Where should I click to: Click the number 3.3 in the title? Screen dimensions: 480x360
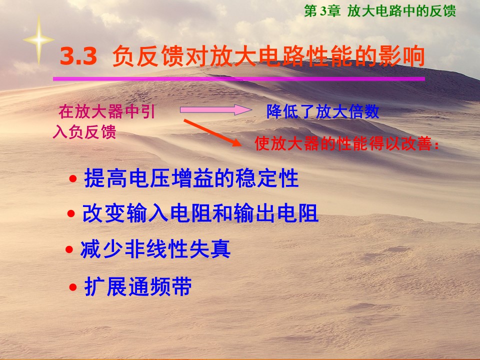coord(78,56)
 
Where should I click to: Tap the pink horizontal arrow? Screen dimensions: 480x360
coord(216,109)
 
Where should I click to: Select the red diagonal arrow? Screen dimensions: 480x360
coord(212,133)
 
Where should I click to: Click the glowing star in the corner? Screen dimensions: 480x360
coord(38,40)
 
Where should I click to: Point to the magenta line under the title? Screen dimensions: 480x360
coord(239,79)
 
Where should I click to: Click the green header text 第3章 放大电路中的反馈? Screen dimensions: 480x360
coord(380,11)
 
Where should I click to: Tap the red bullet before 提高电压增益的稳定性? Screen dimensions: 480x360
coord(73,178)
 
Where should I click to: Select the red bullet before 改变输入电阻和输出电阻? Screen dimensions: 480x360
coord(71,213)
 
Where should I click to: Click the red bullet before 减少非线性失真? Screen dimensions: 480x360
coord(69,249)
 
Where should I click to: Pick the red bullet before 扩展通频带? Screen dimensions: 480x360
coord(73,287)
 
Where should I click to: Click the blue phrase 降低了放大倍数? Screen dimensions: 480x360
coord(322,111)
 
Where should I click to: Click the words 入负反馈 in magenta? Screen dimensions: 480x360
coord(84,132)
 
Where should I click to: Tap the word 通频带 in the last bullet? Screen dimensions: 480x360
coord(160,287)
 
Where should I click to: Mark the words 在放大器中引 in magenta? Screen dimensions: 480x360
coord(107,111)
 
